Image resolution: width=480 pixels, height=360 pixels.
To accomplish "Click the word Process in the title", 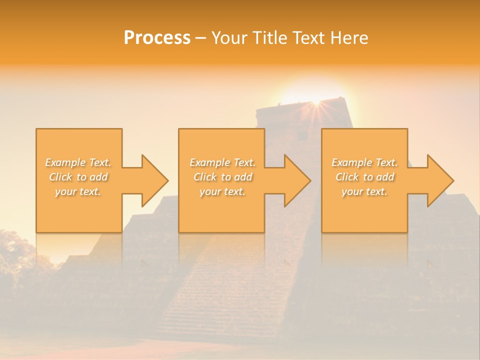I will click(x=157, y=38).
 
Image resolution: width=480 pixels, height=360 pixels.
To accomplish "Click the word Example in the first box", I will click(x=65, y=162).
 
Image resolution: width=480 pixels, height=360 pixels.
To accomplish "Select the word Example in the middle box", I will click(x=209, y=162).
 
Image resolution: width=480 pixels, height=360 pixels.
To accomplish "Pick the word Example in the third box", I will click(x=351, y=162).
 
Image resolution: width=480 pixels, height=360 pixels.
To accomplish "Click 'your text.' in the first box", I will click(x=78, y=191).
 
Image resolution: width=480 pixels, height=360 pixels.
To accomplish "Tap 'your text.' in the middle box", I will click(x=222, y=191).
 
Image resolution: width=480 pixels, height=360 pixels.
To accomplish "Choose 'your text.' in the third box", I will click(x=364, y=191).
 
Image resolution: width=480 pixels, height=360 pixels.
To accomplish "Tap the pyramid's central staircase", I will click(x=225, y=295).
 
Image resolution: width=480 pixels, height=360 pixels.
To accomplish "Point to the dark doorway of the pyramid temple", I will click(x=301, y=135).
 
